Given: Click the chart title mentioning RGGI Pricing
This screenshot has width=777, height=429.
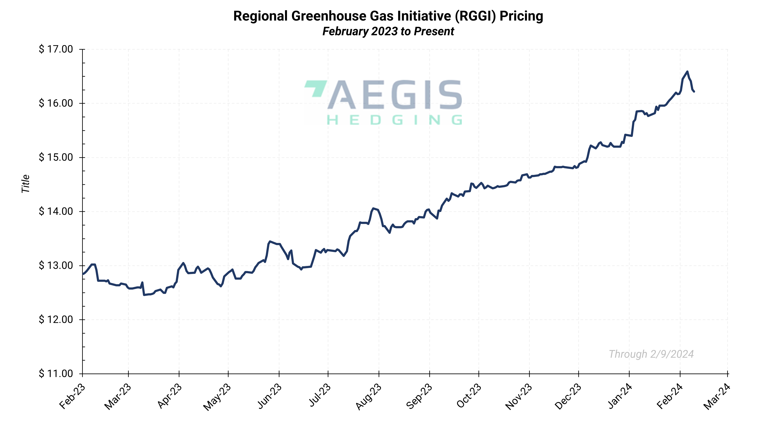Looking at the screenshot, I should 388,16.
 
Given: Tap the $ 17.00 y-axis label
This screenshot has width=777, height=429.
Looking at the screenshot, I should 56,49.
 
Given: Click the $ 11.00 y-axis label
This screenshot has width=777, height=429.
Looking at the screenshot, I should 56,374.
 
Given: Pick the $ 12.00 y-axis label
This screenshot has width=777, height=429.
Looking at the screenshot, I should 56,319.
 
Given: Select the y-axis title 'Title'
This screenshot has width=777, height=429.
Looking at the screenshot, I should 26,184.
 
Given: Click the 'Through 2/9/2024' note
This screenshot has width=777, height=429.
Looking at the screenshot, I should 651,354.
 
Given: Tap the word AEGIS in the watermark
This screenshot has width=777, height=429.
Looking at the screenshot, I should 395,95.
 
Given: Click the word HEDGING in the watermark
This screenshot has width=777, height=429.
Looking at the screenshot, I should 395,120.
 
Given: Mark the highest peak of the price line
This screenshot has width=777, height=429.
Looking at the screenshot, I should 687,72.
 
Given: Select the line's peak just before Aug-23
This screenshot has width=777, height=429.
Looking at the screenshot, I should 373,208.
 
